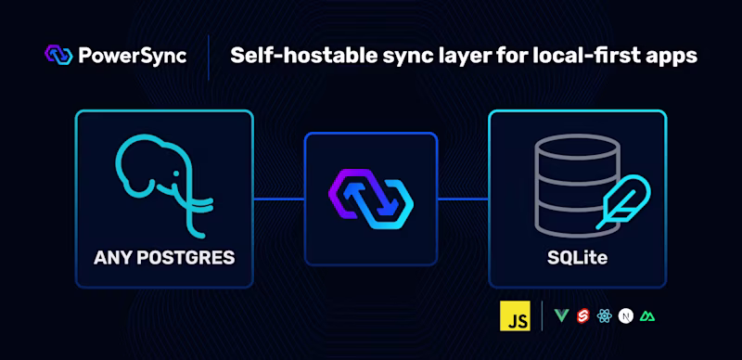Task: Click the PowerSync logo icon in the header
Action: pos(58,55)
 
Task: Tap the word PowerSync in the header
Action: pos(133,56)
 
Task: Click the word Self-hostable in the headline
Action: pos(288,56)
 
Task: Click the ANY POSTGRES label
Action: pos(164,257)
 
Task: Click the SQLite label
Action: pos(577,257)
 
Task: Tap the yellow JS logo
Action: pos(515,316)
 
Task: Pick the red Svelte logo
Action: pos(584,317)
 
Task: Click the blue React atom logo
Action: pos(606,317)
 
